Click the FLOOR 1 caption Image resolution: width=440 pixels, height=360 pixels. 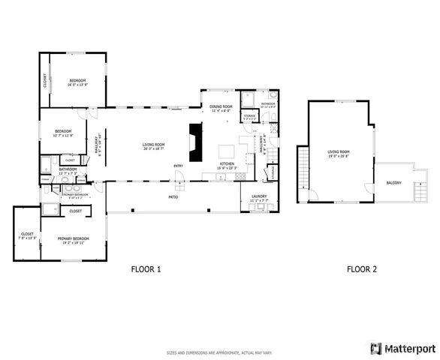point(146,268)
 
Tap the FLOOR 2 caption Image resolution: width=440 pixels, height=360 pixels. point(361,268)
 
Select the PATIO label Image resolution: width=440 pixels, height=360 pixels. point(172,197)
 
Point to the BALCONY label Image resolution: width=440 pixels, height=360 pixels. point(393,183)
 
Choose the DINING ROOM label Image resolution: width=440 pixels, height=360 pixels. point(220,108)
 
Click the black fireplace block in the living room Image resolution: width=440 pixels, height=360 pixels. point(197,143)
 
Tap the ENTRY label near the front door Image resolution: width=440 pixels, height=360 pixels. point(178,166)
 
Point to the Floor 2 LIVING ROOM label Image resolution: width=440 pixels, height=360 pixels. point(339,154)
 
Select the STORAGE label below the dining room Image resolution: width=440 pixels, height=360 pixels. point(249,116)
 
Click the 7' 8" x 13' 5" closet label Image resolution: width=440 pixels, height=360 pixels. point(26,236)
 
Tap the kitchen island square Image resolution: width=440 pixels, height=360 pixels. point(225,148)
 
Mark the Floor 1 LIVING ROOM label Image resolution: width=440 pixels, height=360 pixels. point(154,147)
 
